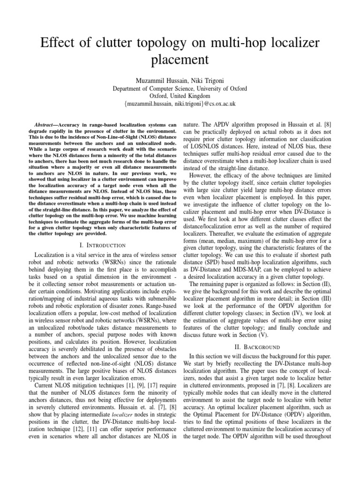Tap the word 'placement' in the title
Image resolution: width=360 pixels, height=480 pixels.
tap(180, 60)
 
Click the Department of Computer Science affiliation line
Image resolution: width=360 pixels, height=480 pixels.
tap(180, 88)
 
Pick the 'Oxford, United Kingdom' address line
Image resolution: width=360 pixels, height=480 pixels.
tap(180, 96)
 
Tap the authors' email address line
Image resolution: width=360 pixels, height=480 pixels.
tap(180, 103)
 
